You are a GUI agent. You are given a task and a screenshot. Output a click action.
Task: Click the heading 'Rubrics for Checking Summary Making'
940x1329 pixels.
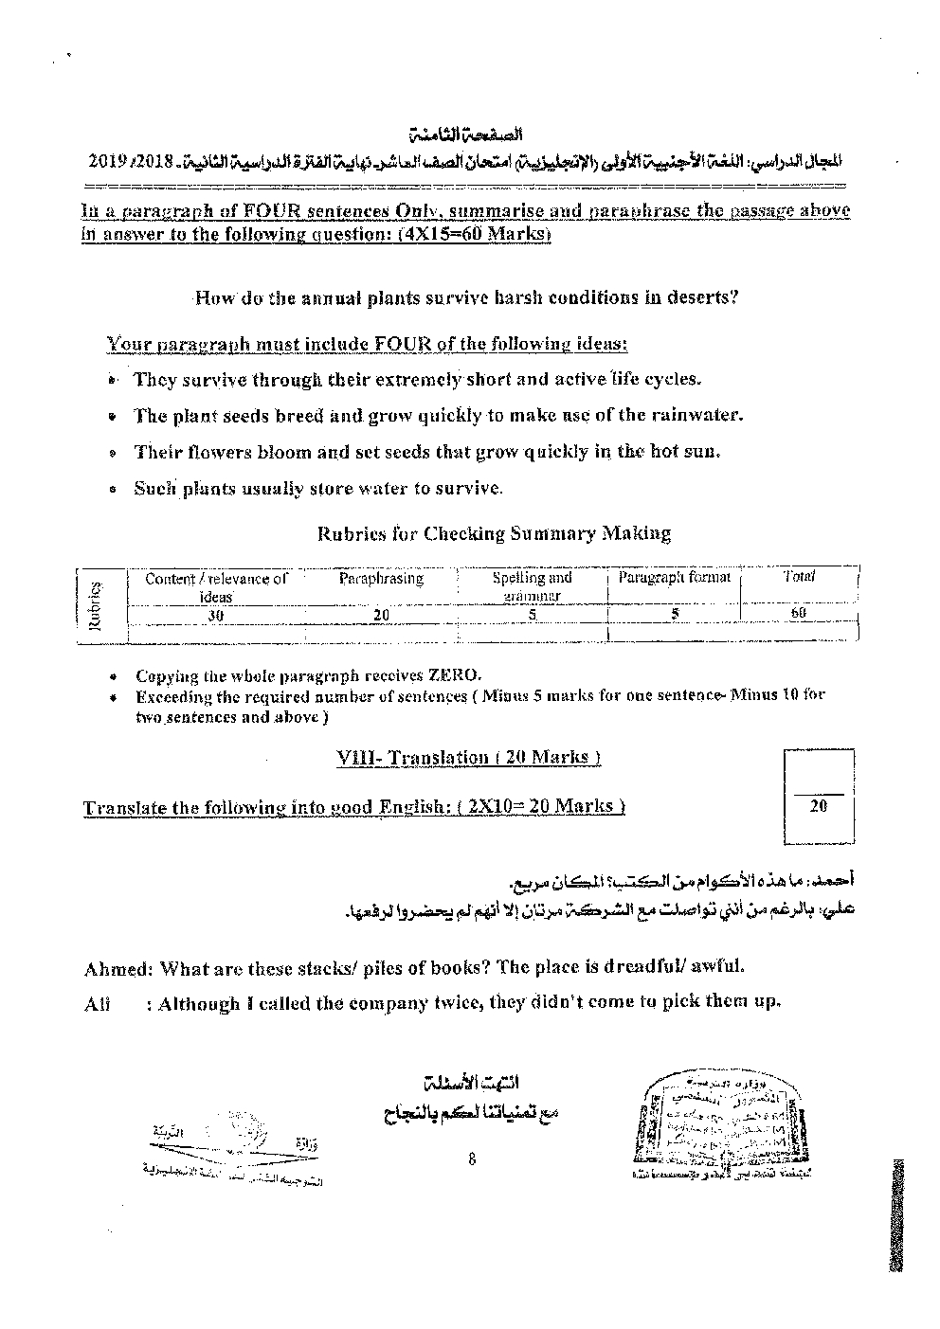click(x=494, y=533)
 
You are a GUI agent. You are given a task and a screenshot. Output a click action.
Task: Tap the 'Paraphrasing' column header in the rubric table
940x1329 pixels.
click(x=380, y=578)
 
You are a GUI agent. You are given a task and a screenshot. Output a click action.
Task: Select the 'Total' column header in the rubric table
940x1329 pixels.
click(x=799, y=577)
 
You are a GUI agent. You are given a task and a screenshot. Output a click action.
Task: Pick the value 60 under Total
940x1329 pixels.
click(x=798, y=613)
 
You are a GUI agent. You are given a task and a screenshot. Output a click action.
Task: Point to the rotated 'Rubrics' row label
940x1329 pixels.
click(x=95, y=604)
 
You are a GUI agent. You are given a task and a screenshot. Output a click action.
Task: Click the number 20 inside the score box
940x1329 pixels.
click(x=819, y=805)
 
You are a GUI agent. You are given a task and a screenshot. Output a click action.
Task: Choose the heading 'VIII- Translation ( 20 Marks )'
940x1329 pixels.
click(x=469, y=757)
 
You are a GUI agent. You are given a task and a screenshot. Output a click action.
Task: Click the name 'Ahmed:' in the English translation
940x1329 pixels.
click(x=118, y=967)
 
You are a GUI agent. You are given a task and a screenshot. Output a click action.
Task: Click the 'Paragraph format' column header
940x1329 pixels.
click(x=674, y=577)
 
